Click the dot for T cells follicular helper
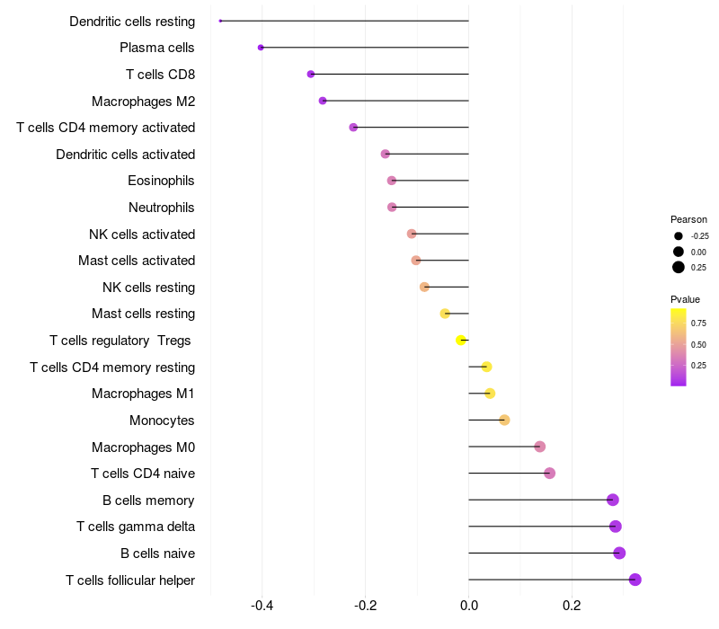click(x=635, y=580)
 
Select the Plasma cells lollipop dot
click(x=261, y=47)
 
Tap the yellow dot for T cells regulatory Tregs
click(x=461, y=340)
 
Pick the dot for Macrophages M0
click(x=539, y=447)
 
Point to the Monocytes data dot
click(x=504, y=420)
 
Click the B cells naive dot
click(x=619, y=553)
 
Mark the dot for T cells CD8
click(x=311, y=74)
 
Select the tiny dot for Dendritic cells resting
click(x=220, y=21)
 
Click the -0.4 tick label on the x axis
click(x=262, y=607)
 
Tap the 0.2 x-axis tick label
click(x=572, y=607)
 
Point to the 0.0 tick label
click(x=468, y=607)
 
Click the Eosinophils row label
click(x=161, y=181)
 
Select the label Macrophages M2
click(x=143, y=101)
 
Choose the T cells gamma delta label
click(x=136, y=527)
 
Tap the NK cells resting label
click(x=148, y=288)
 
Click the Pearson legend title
click(x=688, y=219)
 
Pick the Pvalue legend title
click(x=685, y=299)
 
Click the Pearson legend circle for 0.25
click(x=678, y=267)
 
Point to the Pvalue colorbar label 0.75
click(x=698, y=323)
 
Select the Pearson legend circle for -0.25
click(x=678, y=236)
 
